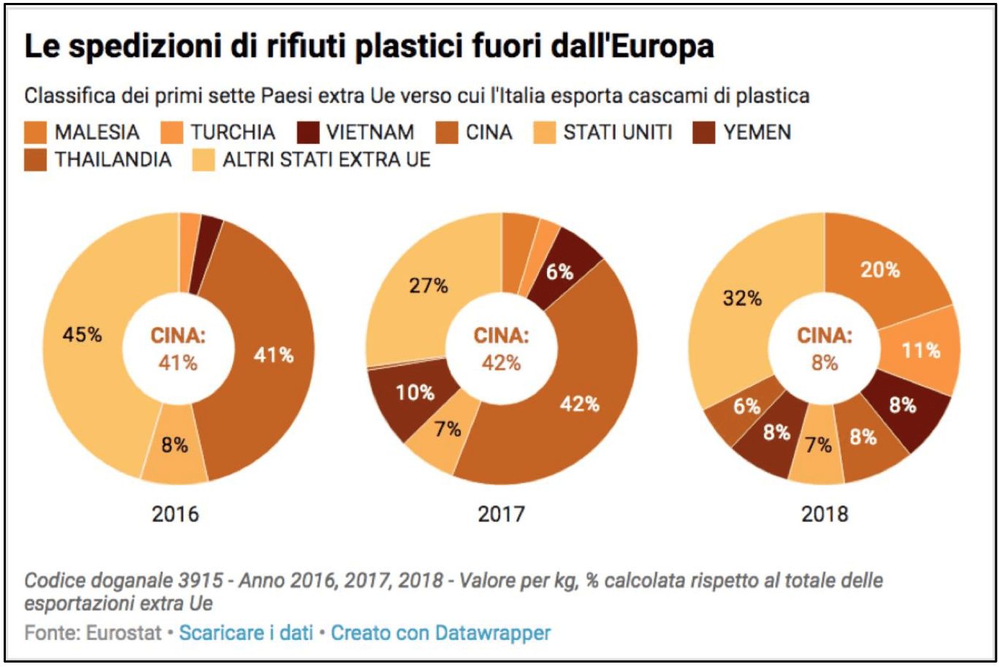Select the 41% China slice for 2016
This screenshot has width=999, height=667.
click(274, 356)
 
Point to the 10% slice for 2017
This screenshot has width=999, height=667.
click(415, 393)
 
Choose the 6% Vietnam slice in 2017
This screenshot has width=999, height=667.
click(560, 272)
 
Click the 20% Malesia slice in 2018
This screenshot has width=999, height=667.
click(880, 270)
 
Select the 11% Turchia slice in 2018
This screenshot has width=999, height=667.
click(921, 351)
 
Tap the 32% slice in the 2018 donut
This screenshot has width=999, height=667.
click(743, 299)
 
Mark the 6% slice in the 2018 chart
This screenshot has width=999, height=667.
click(746, 406)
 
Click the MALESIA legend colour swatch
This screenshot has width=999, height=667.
click(35, 133)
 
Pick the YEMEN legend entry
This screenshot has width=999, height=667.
click(757, 133)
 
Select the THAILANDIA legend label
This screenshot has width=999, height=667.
click(112, 160)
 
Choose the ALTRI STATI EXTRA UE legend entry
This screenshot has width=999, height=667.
click(326, 160)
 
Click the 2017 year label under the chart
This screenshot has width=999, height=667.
click(501, 514)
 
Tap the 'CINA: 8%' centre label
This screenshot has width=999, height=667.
click(824, 349)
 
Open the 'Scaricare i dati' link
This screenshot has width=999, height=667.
click(246, 633)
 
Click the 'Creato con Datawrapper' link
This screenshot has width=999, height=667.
click(441, 633)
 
